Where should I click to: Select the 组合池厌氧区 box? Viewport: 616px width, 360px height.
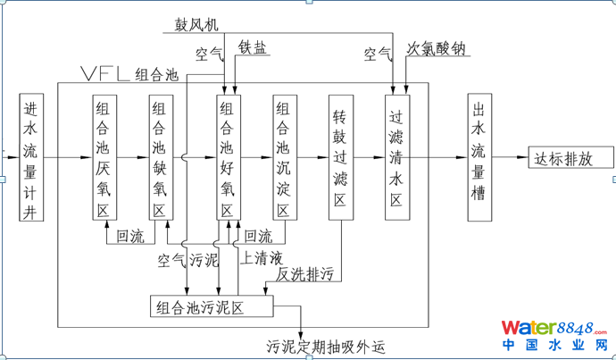point(105,157)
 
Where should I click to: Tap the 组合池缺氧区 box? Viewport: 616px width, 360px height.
point(162,157)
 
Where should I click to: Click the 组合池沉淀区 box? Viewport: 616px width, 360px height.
point(285,157)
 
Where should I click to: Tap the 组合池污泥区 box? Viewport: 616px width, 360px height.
point(212,306)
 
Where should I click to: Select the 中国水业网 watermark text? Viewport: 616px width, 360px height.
point(553,346)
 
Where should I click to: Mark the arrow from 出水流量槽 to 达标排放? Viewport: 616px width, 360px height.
point(510,158)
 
